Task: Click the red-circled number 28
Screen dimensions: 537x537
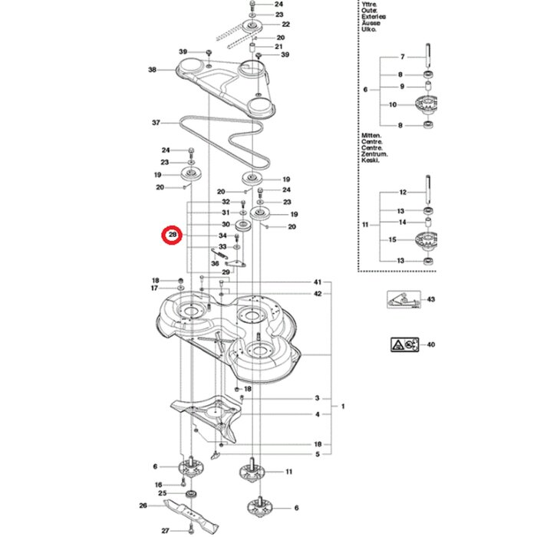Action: [x=173, y=235]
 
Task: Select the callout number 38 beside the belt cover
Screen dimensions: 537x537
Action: [x=152, y=70]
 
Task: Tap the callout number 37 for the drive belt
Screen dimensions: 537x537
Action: [x=156, y=123]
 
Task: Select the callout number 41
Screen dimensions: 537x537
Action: [x=317, y=282]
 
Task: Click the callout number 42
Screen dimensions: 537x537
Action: [x=317, y=294]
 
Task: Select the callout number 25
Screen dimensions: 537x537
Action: [x=161, y=493]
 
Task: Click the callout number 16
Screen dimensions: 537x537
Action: [x=158, y=485]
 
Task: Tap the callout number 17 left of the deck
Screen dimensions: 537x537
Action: [x=154, y=288]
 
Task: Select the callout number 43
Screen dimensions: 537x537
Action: [x=430, y=298]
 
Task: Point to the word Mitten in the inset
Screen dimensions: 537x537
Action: [x=371, y=135]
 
